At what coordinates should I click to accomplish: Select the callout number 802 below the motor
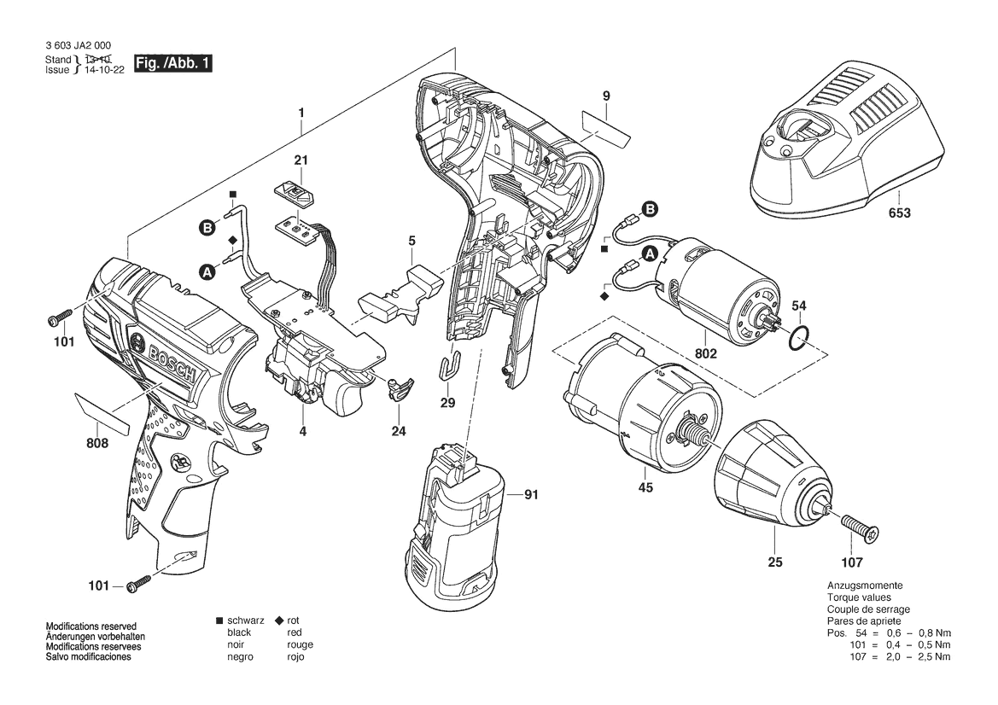(x=706, y=352)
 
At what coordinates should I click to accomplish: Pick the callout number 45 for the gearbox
(x=645, y=488)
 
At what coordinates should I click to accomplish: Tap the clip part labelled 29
(x=450, y=367)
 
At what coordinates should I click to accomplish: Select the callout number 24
(x=399, y=432)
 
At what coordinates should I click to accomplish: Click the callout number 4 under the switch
(x=302, y=432)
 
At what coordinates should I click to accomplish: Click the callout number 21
(x=301, y=160)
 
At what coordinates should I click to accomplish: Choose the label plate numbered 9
(x=606, y=128)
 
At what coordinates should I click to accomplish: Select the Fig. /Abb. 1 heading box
(x=172, y=64)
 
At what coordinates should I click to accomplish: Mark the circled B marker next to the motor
(x=650, y=209)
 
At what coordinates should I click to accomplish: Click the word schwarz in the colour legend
(x=245, y=620)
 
